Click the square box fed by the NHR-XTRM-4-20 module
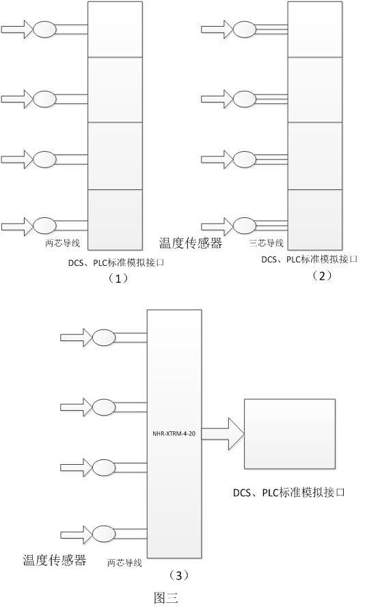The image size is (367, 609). [290, 433]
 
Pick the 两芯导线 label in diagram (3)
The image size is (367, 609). [124, 563]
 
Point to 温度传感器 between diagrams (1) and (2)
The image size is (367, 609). [191, 243]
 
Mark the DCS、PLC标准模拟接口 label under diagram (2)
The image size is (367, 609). [310, 259]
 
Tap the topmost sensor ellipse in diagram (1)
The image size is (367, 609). [44, 29]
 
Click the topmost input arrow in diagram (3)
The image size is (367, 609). [74, 336]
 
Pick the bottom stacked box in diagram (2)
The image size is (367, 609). [314, 219]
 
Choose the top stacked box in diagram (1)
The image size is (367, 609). [115, 29]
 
